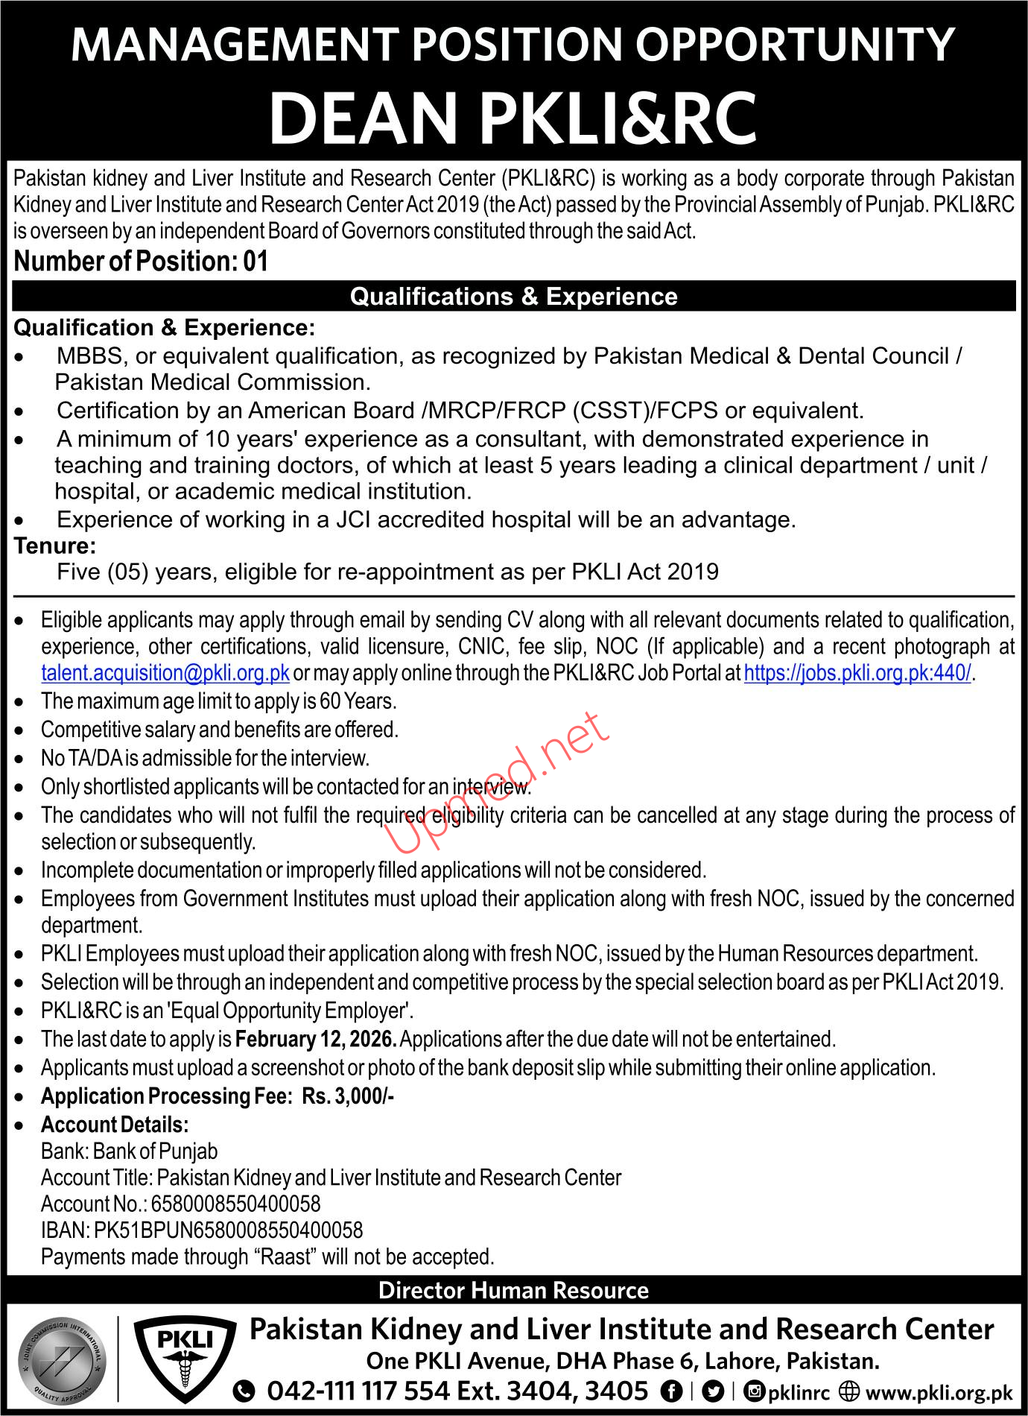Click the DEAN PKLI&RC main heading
(x=513, y=118)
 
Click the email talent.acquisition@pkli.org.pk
(x=165, y=673)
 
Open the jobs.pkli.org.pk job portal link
(x=857, y=673)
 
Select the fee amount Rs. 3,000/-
(x=348, y=1096)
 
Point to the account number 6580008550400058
(x=235, y=1204)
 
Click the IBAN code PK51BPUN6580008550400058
(x=229, y=1230)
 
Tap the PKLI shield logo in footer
(x=185, y=1358)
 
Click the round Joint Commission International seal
(x=62, y=1359)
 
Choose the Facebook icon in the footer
(x=671, y=1391)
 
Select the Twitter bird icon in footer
(x=713, y=1391)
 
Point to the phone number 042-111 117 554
(x=358, y=1391)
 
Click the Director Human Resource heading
(x=513, y=1291)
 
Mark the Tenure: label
(x=55, y=546)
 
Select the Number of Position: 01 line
(x=141, y=262)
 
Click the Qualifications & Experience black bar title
(x=513, y=297)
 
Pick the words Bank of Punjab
(x=156, y=1151)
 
